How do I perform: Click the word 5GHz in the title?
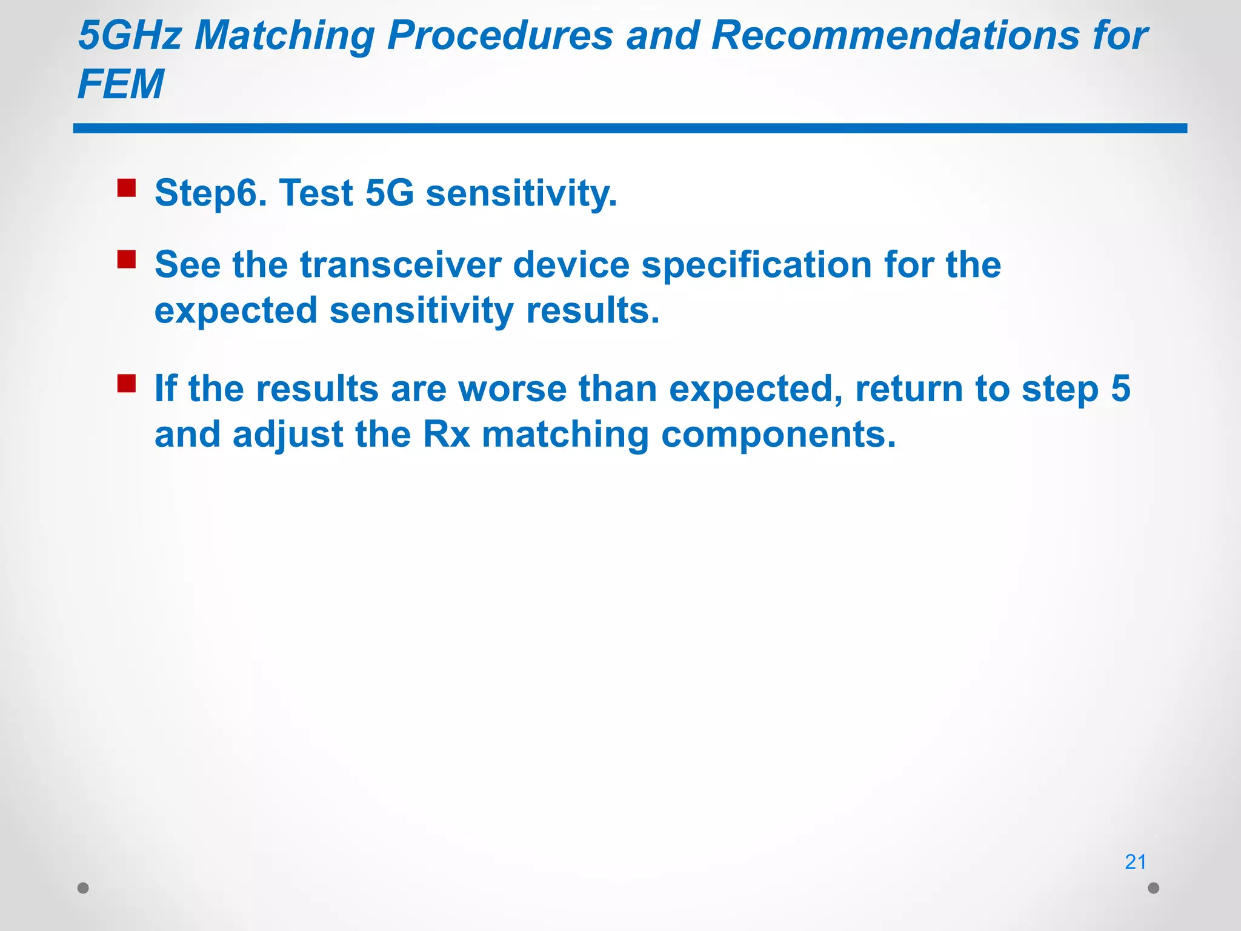coord(130,35)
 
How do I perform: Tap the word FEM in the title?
coord(121,84)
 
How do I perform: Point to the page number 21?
coord(1135,862)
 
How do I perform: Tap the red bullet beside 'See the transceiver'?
coord(127,259)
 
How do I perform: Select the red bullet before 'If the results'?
coord(127,384)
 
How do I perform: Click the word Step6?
coord(210,193)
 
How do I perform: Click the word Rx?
coord(447,435)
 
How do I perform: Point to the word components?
coord(777,435)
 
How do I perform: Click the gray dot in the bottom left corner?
coord(84,888)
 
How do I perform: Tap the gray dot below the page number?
coord(1154,888)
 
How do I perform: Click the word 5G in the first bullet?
coord(390,193)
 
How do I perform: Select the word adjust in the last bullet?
coord(288,435)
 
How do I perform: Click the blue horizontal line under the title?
coord(630,128)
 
